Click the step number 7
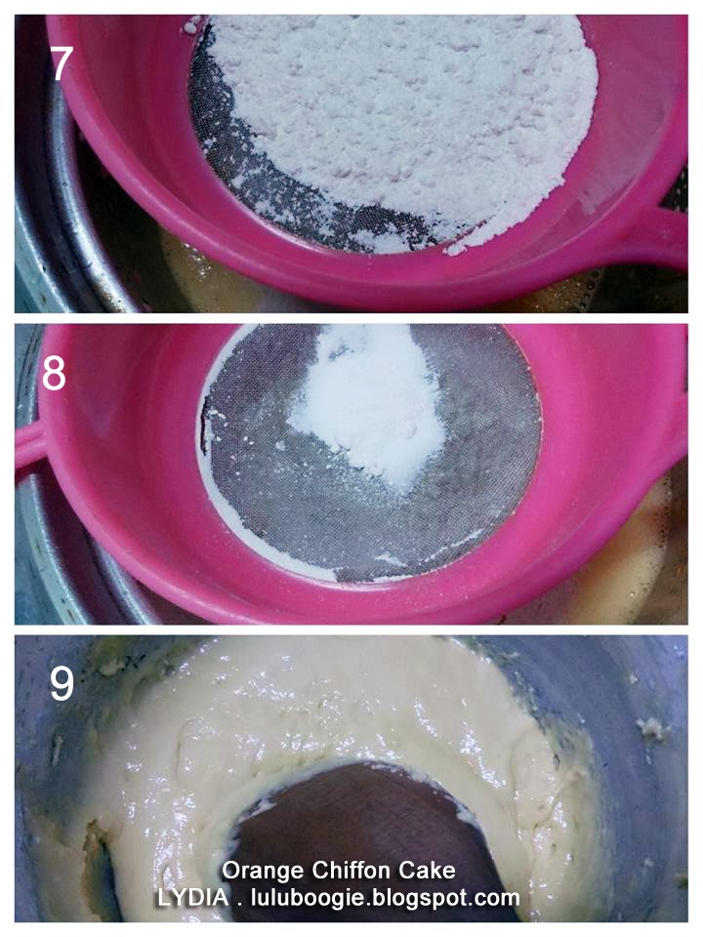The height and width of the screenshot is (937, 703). pos(61,64)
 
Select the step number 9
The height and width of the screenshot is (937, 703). pos(62,683)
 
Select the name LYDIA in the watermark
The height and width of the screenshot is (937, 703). pos(192,897)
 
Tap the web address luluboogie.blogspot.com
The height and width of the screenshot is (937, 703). pos(384,898)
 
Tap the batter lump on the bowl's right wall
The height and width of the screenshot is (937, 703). pos(650,729)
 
